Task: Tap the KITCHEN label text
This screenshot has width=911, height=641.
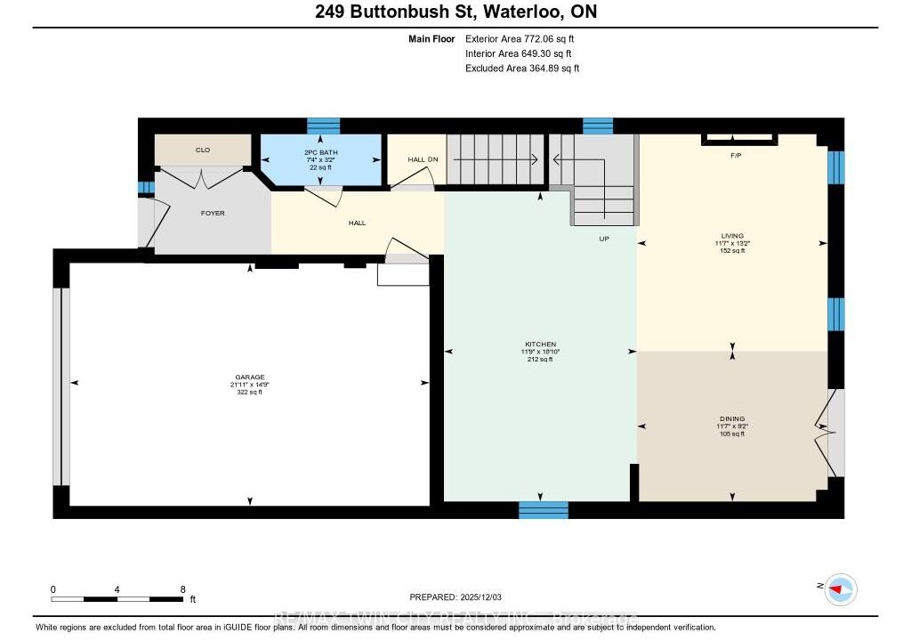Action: [540, 344]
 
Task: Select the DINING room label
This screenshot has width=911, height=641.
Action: [732, 418]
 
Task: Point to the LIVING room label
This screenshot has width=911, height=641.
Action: [732, 236]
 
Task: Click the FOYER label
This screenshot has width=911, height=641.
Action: [213, 214]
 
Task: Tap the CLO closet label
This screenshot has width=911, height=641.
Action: [203, 150]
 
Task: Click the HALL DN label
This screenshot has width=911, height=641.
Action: [423, 159]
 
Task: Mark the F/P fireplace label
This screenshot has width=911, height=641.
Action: [736, 156]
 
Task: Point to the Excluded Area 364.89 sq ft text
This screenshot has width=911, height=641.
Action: [522, 68]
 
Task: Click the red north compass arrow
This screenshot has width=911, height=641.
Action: [836, 588]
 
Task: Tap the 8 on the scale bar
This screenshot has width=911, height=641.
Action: [182, 589]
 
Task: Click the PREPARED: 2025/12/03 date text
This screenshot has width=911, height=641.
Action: [462, 597]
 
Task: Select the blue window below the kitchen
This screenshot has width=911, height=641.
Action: [544, 510]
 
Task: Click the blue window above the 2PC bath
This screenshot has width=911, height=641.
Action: [323, 126]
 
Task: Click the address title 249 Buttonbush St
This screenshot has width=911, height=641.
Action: [455, 12]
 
